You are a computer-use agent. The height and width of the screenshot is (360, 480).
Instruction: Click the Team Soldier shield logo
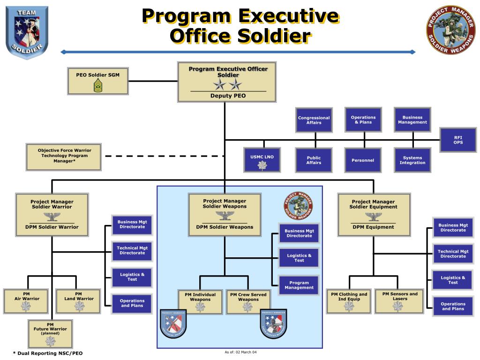pos(27,32)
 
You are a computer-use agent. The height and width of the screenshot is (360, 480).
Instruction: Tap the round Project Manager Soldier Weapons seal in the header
pos(450,30)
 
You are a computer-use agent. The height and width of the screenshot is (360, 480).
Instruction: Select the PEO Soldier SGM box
pos(98,81)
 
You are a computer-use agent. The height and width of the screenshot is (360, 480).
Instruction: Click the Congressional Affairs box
pos(314,120)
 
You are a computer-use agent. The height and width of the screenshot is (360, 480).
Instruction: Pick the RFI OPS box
pos(458,140)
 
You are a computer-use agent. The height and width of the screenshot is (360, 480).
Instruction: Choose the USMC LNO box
pos(262,160)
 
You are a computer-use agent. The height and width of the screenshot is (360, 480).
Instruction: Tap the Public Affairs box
pos(314,160)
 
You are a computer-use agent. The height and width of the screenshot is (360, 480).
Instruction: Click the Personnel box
pos(363,160)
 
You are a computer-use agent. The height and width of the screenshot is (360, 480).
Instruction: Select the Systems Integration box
pos(412,160)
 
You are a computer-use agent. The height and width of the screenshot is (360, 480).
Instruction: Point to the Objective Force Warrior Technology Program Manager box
pos(64,157)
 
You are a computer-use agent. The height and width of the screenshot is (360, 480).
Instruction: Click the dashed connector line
pos(164,156)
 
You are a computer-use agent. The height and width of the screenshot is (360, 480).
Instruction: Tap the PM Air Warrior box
pos(26,301)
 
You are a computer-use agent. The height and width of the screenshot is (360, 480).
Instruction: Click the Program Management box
pos(299,285)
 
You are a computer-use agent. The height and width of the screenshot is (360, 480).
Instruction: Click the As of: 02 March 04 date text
pos(240,352)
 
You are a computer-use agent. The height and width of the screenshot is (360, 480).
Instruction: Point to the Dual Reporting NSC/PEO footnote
pos(47,353)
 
